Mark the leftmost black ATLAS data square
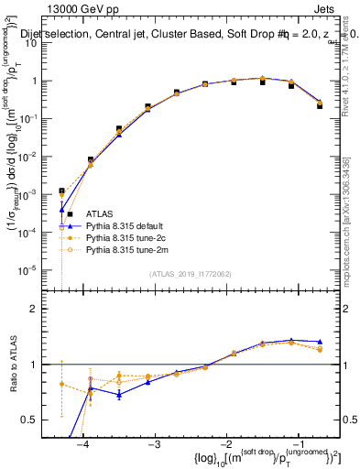pyautogui.click(x=61, y=191)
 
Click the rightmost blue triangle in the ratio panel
pyautogui.click(x=319, y=341)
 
